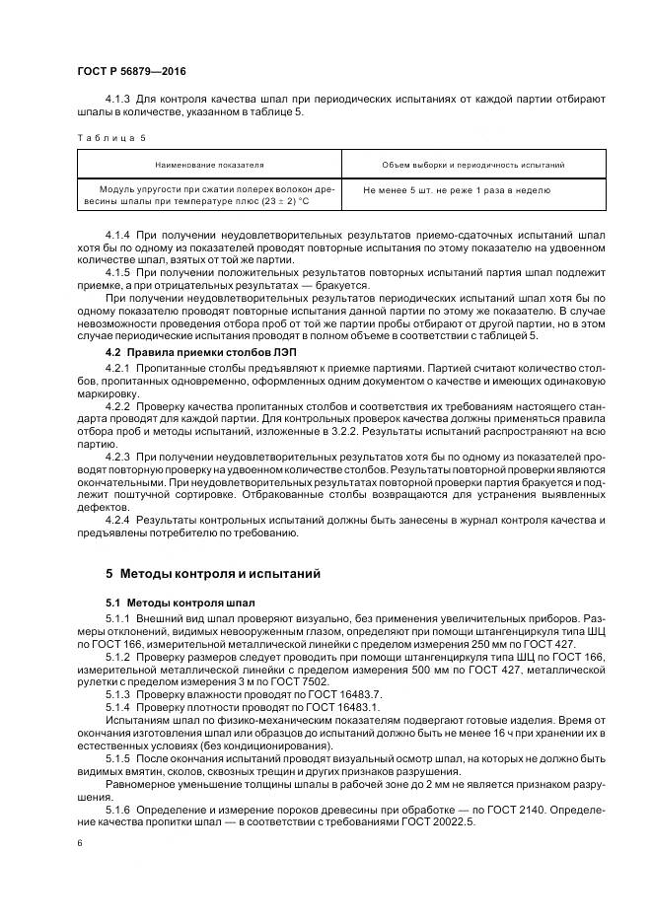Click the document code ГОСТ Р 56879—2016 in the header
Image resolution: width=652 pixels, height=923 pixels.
pos(130,72)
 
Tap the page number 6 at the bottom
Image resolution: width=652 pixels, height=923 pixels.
pos(79,843)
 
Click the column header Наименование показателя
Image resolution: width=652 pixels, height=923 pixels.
pos(208,165)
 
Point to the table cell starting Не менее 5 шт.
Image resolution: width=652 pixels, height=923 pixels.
pos(456,189)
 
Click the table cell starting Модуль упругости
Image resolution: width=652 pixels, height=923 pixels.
pos(208,195)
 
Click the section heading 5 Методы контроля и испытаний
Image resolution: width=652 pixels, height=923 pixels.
pos(211,573)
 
